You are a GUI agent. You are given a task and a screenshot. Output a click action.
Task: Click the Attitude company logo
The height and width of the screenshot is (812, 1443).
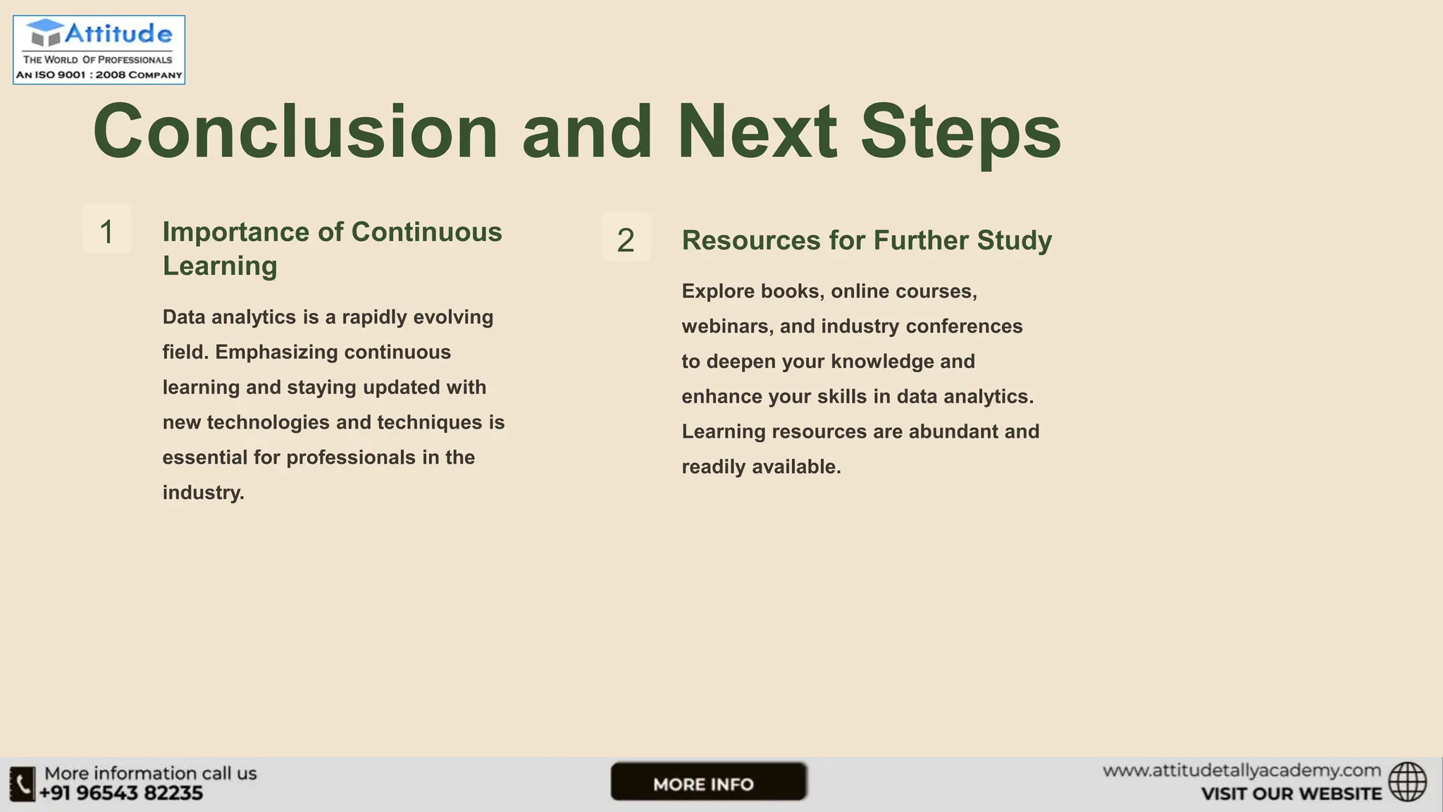click(x=99, y=49)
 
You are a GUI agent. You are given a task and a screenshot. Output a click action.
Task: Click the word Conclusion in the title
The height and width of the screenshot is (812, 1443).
click(x=295, y=132)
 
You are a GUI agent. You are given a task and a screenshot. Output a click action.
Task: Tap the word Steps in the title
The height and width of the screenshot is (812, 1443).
click(x=960, y=132)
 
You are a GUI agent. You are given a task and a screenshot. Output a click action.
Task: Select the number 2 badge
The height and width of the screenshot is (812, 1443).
click(x=626, y=240)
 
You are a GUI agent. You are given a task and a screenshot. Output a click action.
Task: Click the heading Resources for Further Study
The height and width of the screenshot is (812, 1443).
click(x=867, y=240)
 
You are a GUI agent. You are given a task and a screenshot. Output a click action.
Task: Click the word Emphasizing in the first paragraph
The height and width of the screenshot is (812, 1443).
click(x=276, y=352)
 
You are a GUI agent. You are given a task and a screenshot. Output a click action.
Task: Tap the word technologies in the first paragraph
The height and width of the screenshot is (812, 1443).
click(x=268, y=422)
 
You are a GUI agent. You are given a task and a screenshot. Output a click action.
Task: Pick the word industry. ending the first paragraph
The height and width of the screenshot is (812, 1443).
click(x=203, y=493)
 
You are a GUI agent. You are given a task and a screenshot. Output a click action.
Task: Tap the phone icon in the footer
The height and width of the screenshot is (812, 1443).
click(x=23, y=784)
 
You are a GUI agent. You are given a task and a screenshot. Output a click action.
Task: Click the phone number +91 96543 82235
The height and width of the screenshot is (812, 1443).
click(x=121, y=794)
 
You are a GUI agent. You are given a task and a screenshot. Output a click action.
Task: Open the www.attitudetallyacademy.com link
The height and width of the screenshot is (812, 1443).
click(x=1241, y=771)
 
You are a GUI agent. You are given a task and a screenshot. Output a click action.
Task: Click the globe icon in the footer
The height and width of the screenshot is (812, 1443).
click(x=1407, y=782)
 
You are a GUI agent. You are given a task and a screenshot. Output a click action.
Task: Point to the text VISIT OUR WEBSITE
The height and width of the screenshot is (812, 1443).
click(x=1291, y=794)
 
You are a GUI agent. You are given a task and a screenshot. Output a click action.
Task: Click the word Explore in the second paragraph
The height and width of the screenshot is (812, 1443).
click(x=718, y=291)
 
